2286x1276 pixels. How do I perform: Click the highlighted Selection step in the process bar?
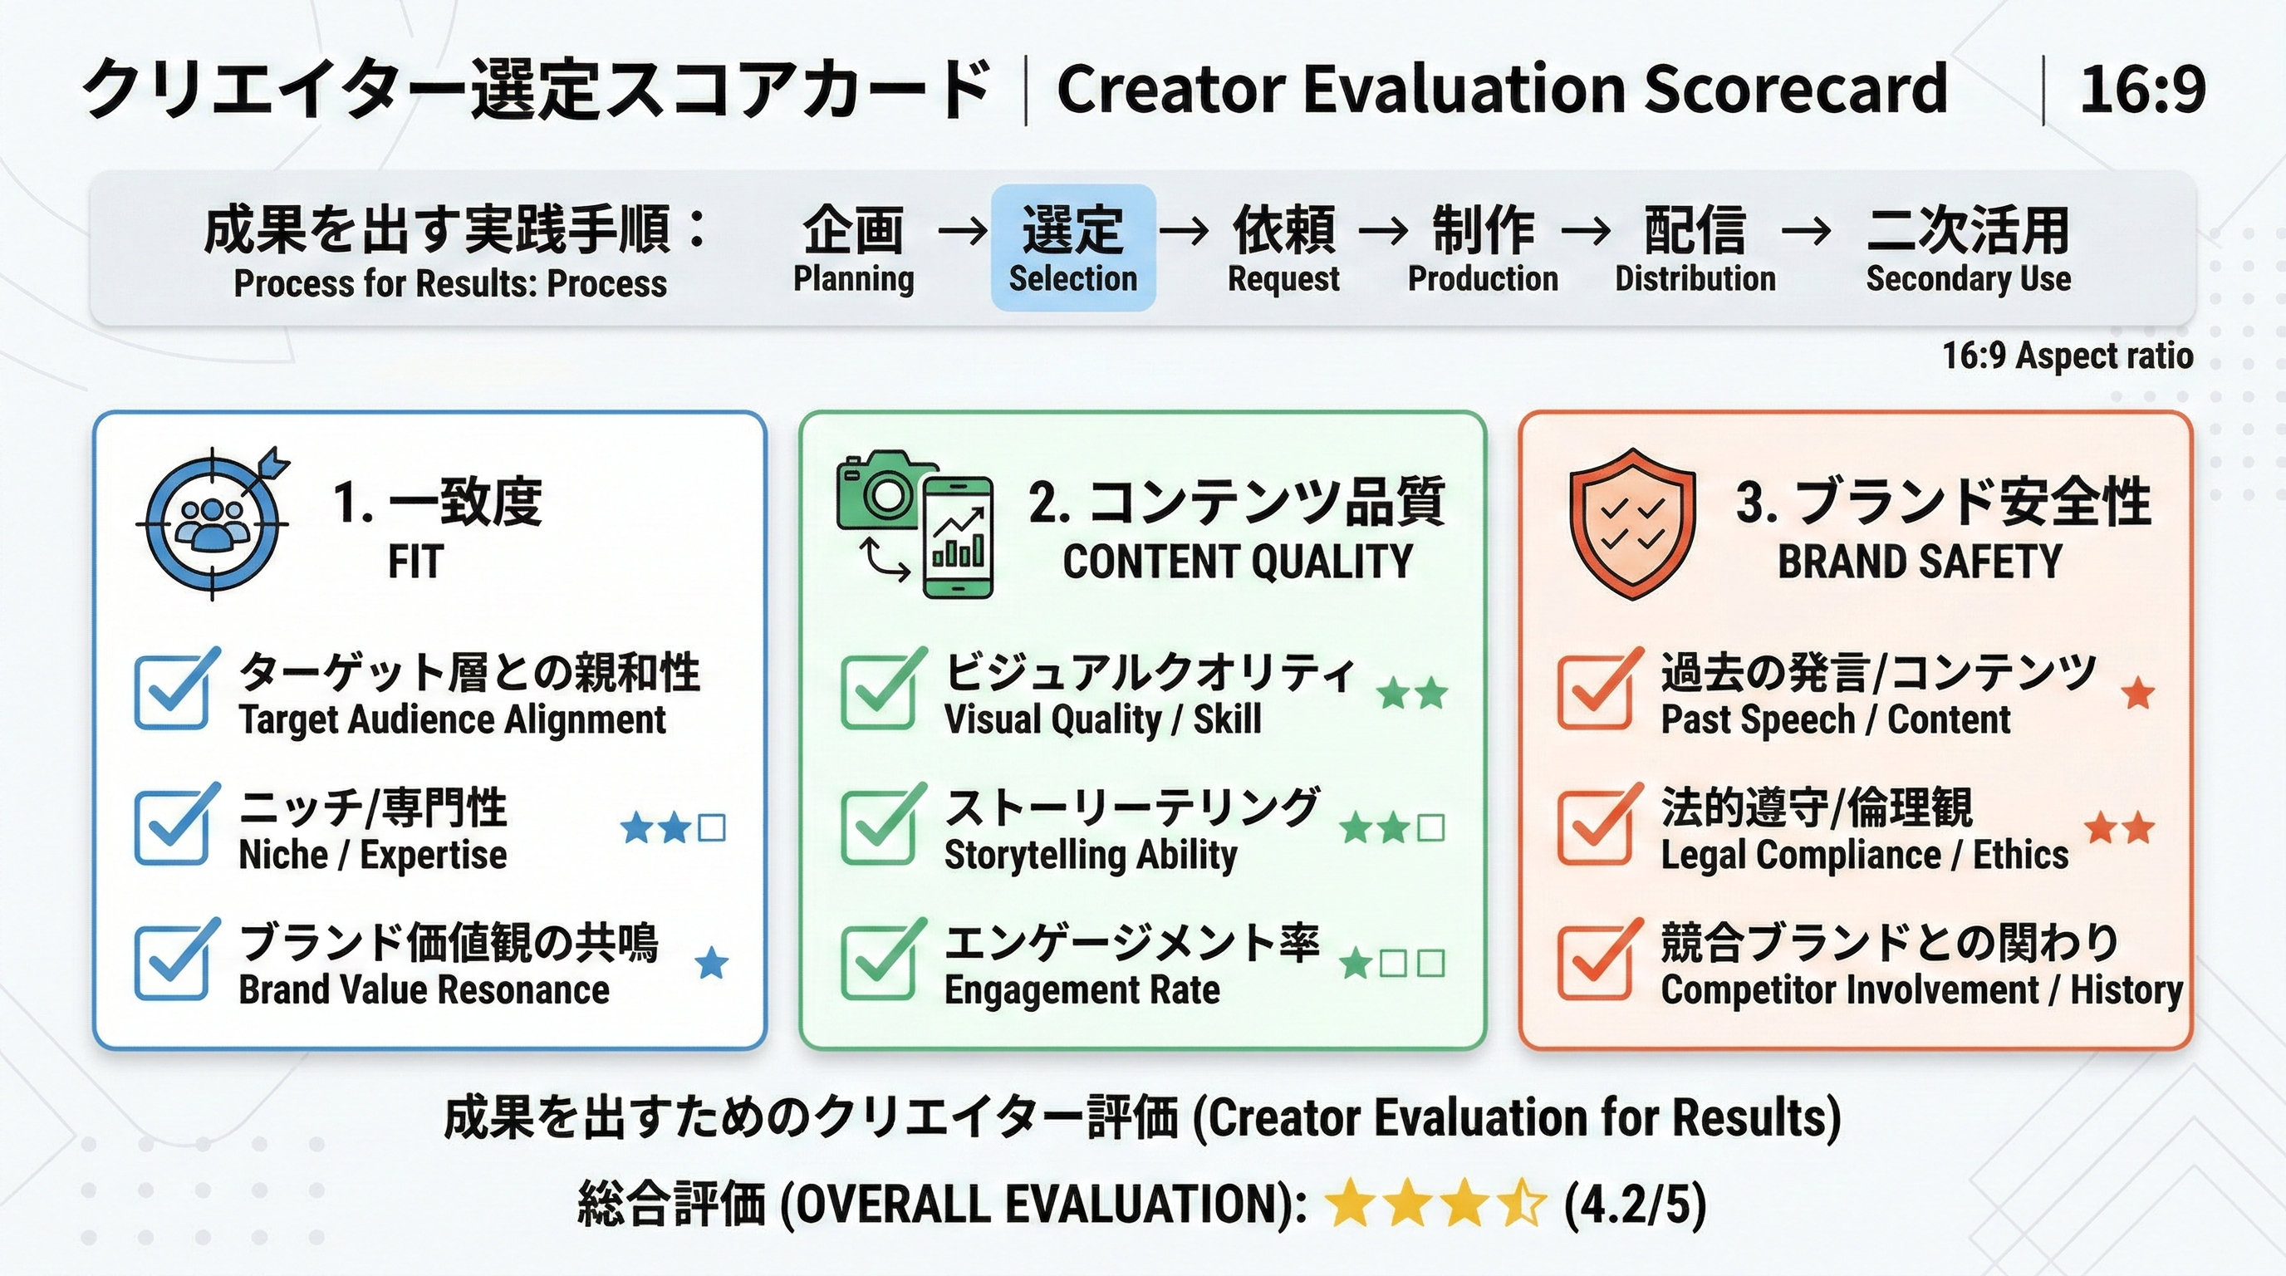point(1073,248)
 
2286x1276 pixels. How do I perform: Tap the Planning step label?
point(854,278)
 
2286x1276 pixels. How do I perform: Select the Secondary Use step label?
point(1969,278)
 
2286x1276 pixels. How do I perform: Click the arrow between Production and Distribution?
point(1586,232)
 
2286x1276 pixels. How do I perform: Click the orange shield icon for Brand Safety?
point(1632,523)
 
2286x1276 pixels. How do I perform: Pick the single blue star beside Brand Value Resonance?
point(712,964)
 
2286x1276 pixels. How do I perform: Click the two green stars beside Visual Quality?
point(1412,693)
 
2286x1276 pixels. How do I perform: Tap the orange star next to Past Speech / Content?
point(2138,693)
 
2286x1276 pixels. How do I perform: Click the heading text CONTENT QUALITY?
point(1238,562)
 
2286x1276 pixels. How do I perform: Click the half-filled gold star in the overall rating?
point(1521,1202)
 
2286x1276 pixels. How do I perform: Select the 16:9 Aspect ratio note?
point(2068,356)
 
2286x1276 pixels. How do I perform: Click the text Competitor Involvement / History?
point(1922,990)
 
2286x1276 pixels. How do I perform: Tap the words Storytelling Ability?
point(1091,856)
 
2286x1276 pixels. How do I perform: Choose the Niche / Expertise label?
point(373,856)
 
